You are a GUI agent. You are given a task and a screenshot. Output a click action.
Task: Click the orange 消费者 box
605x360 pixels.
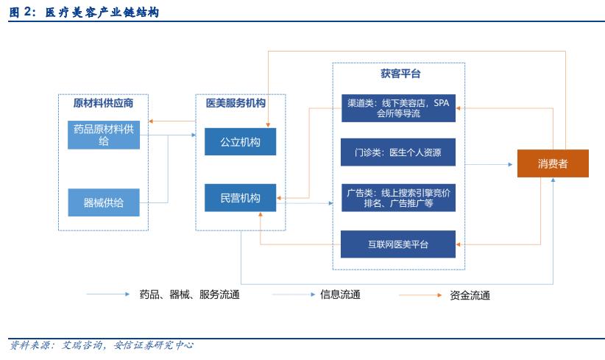pyautogui.click(x=553, y=163)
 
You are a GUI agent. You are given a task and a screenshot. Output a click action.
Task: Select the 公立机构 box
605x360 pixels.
pyautogui.click(x=241, y=141)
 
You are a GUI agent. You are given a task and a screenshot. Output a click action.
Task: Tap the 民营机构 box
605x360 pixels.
pyautogui.click(x=241, y=198)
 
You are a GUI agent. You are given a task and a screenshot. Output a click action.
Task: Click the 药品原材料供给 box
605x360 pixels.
pyautogui.click(x=104, y=135)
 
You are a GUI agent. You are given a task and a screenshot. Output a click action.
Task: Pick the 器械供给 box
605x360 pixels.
pyautogui.click(x=104, y=202)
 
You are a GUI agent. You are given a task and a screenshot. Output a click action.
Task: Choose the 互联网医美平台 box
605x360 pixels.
pyautogui.click(x=398, y=244)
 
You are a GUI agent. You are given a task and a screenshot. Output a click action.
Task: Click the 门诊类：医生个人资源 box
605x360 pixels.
pyautogui.click(x=398, y=152)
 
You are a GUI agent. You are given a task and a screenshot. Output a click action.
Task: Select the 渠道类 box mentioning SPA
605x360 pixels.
pyautogui.click(x=398, y=108)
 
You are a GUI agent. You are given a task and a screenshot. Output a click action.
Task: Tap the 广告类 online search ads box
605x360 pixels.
pyautogui.click(x=398, y=198)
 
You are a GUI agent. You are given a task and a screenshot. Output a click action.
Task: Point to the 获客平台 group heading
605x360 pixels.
pyautogui.click(x=400, y=74)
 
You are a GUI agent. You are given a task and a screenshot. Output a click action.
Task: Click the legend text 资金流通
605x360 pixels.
pyautogui.click(x=470, y=295)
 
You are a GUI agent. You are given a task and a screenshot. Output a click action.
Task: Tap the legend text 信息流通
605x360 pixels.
pyautogui.click(x=340, y=294)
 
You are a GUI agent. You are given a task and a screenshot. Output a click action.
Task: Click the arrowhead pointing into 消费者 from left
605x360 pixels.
pyautogui.click(x=509, y=164)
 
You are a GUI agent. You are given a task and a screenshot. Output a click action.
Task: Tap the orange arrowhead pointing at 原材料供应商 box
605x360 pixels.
pyautogui.click(x=151, y=121)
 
